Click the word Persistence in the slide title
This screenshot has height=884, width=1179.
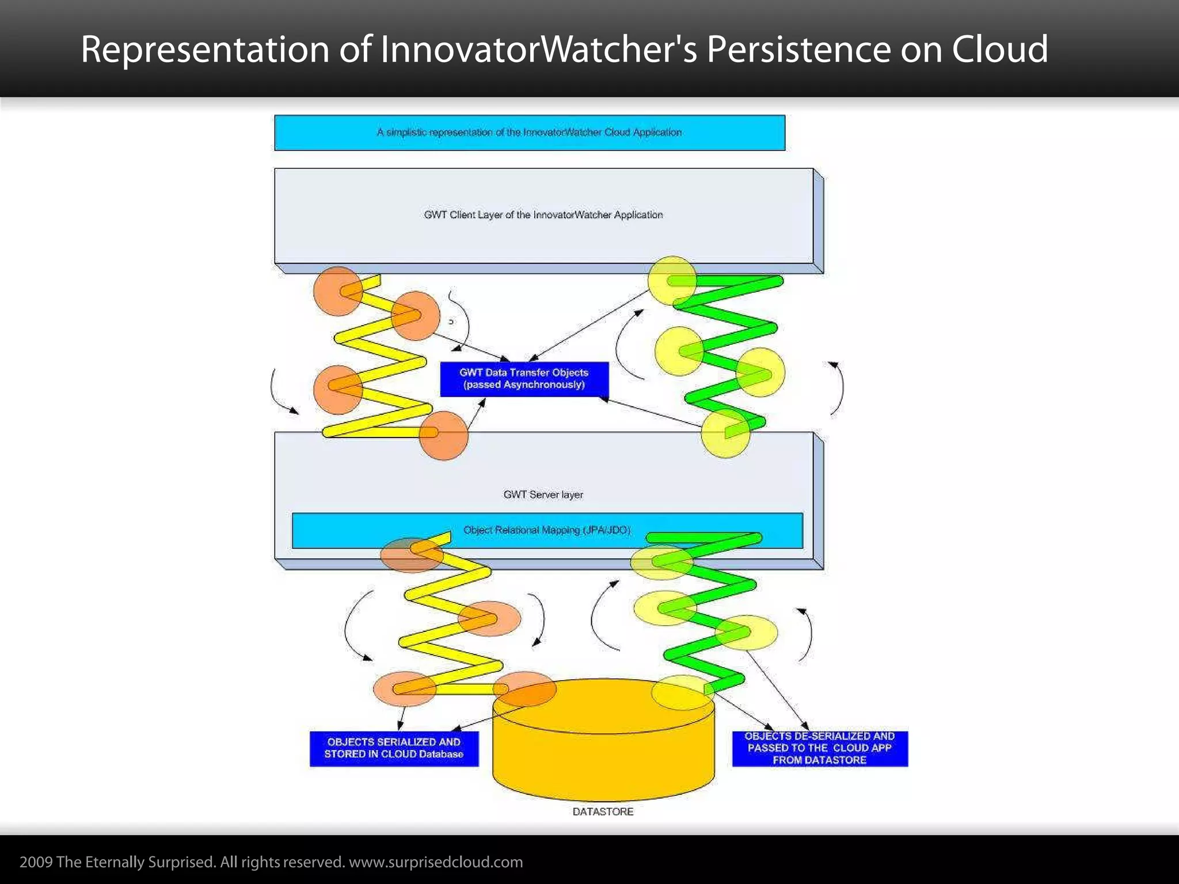tap(798, 49)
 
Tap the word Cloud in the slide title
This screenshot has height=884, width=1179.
tap(999, 49)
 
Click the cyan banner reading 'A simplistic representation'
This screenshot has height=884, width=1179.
tap(529, 132)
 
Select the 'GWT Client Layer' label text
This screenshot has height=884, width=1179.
tap(543, 215)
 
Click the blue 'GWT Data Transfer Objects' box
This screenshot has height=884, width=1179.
tap(524, 379)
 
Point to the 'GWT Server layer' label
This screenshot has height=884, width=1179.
tap(543, 494)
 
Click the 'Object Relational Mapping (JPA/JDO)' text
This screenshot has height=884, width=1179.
tap(547, 530)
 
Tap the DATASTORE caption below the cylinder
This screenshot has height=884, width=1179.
tap(603, 811)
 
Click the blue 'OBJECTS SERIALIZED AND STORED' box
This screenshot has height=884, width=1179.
tap(394, 748)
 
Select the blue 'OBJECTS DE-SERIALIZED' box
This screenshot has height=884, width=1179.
tap(819, 748)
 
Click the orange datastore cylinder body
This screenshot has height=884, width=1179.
tap(603, 754)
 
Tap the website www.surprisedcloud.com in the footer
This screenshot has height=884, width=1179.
tap(436, 862)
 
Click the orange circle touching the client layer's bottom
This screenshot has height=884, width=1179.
tap(337, 291)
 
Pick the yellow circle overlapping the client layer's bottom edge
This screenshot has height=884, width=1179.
tap(672, 280)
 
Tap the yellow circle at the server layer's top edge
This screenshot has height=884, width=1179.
tap(725, 433)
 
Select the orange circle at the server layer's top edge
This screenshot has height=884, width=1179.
tap(443, 436)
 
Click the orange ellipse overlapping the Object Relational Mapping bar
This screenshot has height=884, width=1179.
tap(412, 555)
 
